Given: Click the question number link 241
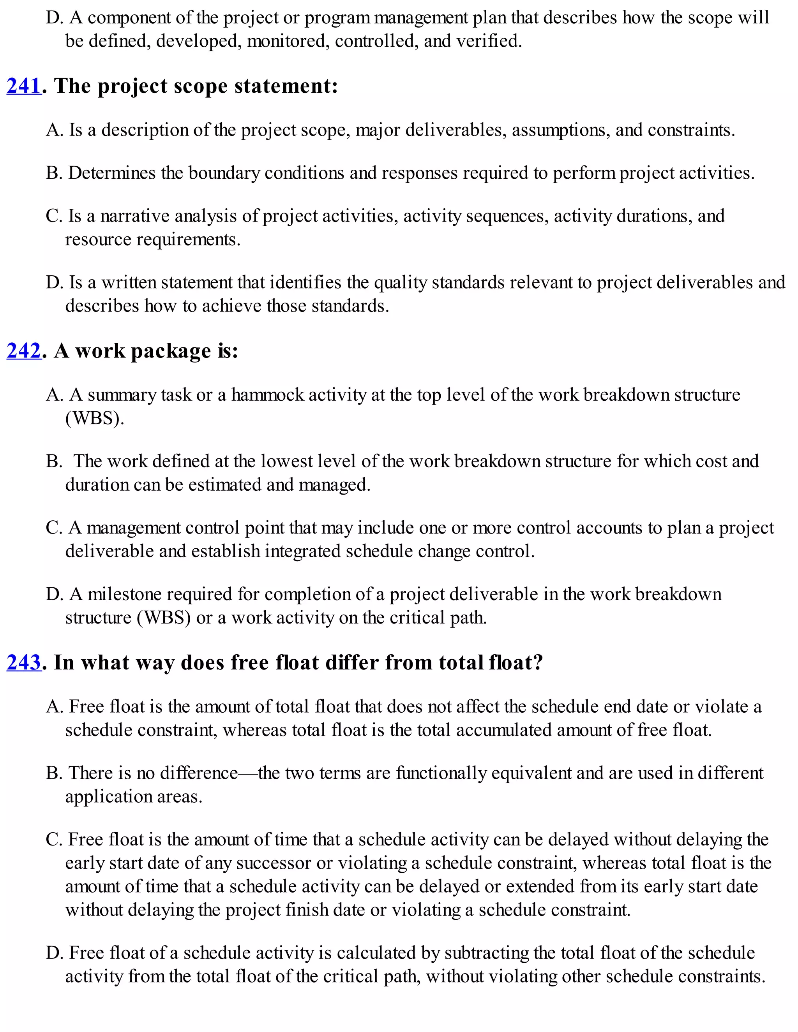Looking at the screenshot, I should tap(24, 86).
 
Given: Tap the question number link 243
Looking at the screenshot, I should tap(24, 662).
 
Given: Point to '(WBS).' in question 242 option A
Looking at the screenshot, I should tap(95, 418).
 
